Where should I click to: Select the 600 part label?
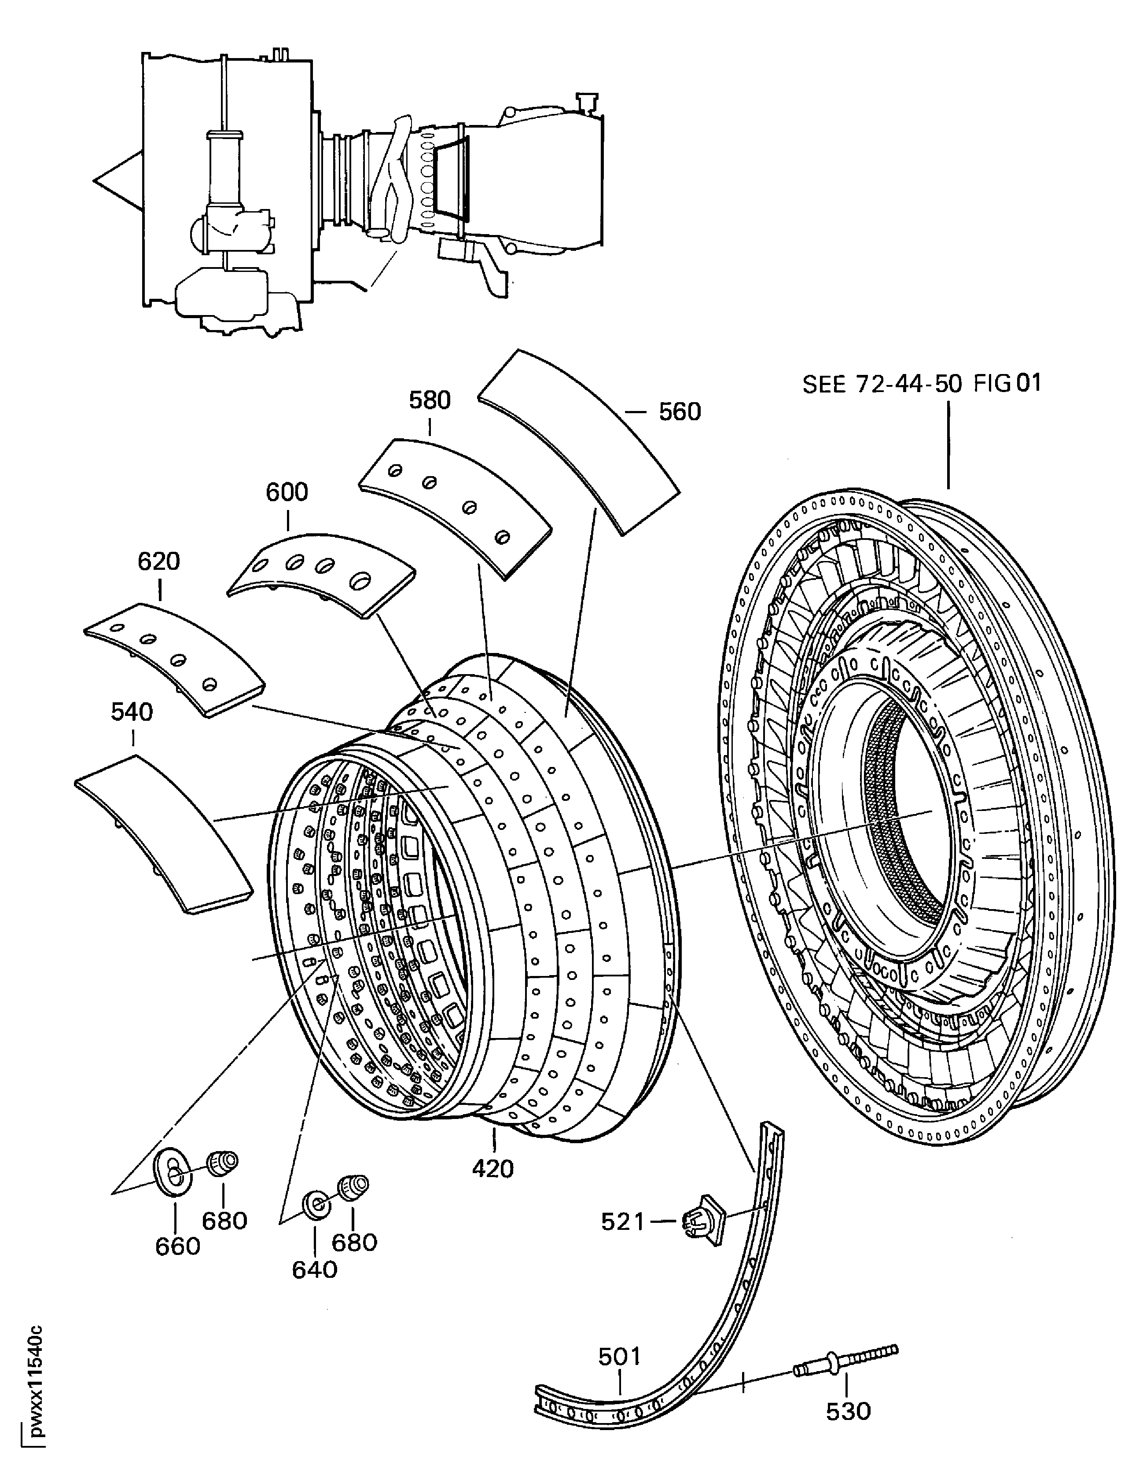point(287,492)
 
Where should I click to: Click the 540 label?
point(132,712)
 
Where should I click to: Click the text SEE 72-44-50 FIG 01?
point(922,383)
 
